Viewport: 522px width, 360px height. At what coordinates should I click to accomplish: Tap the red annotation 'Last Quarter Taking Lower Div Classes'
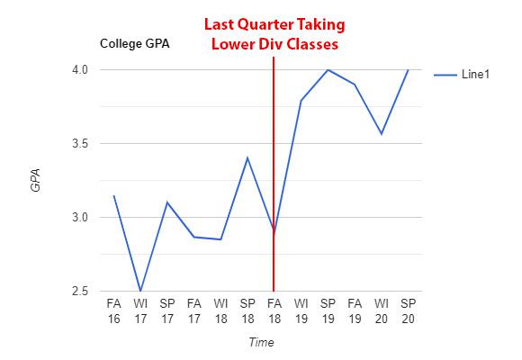click(x=274, y=34)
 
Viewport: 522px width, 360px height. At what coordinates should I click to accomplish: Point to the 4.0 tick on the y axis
click(x=81, y=70)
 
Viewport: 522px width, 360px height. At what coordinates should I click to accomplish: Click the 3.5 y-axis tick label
click(x=81, y=144)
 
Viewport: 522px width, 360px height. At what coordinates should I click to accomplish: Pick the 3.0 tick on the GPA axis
click(x=81, y=218)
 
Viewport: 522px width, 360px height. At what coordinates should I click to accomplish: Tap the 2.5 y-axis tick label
click(x=81, y=292)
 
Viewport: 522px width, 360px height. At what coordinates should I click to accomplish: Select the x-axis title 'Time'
click(x=261, y=343)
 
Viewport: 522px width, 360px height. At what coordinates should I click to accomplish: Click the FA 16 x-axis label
click(x=114, y=310)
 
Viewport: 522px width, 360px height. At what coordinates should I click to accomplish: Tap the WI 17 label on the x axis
click(x=140, y=310)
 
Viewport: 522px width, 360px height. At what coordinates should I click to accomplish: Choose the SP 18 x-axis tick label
click(x=247, y=310)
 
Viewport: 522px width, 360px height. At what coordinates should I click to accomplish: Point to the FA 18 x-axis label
click(x=274, y=310)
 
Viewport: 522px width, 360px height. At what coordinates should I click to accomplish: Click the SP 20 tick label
click(x=408, y=310)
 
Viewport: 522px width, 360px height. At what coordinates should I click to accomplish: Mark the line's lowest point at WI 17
click(x=140, y=291)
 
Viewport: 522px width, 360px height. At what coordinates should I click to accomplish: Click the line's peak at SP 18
click(x=247, y=157)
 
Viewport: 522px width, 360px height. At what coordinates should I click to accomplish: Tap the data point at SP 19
click(x=328, y=70)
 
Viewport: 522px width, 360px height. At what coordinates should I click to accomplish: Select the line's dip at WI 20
click(x=382, y=134)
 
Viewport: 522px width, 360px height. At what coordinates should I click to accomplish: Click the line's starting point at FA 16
click(x=114, y=195)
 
